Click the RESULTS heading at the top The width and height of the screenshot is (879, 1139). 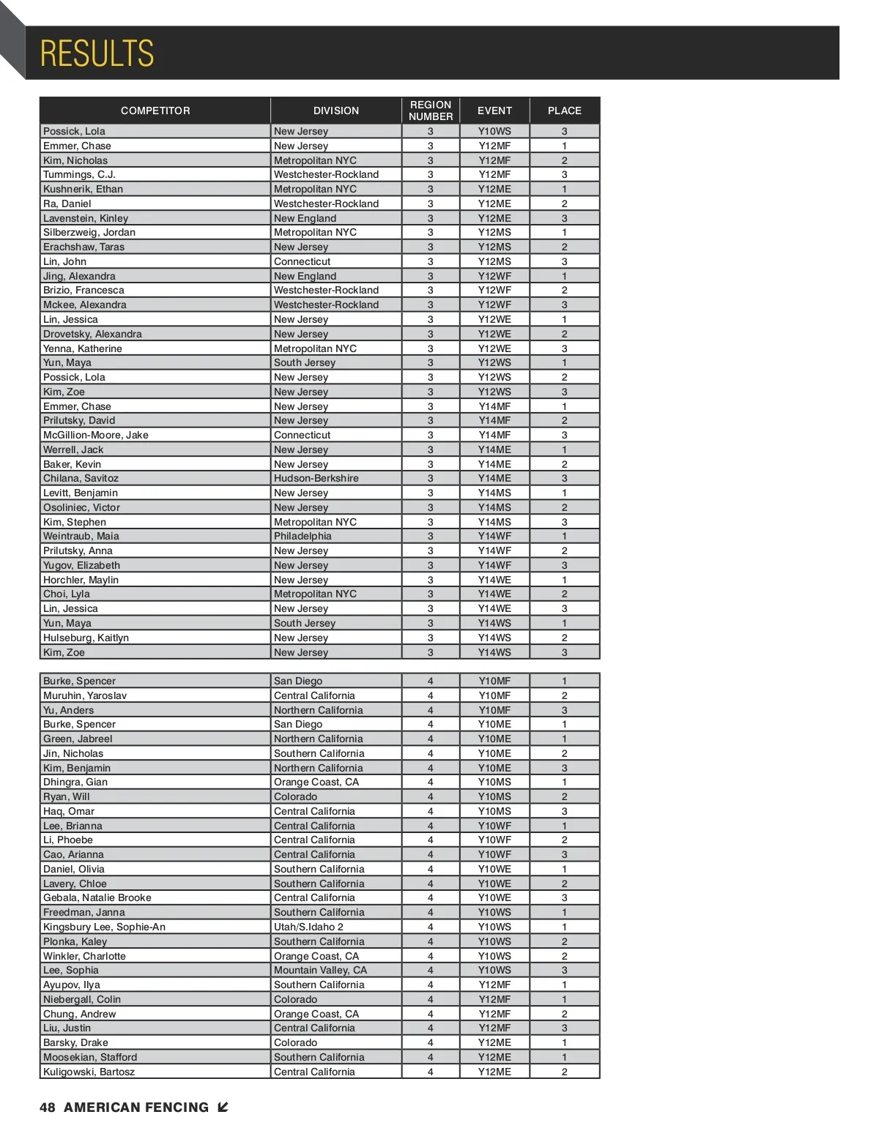97,53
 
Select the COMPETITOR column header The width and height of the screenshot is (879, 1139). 155,111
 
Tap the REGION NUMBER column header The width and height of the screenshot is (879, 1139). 431,111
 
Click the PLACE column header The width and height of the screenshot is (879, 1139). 564,111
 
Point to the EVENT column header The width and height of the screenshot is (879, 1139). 494,111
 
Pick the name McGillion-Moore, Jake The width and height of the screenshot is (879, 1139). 96,435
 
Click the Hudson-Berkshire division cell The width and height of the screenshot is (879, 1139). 316,478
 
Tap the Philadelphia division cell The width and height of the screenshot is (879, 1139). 303,536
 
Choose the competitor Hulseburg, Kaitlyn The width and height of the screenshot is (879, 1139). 86,638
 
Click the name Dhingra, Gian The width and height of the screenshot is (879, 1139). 75,782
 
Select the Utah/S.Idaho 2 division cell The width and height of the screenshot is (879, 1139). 308,927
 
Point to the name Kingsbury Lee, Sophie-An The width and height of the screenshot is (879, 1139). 104,927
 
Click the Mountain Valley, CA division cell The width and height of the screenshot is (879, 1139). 320,970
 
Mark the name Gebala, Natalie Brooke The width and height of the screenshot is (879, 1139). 97,897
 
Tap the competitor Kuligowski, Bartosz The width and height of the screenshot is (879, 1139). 89,1072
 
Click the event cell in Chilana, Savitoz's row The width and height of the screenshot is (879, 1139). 494,478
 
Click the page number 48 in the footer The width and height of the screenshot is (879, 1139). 48,1108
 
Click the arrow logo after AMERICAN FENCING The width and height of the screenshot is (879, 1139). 223,1108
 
